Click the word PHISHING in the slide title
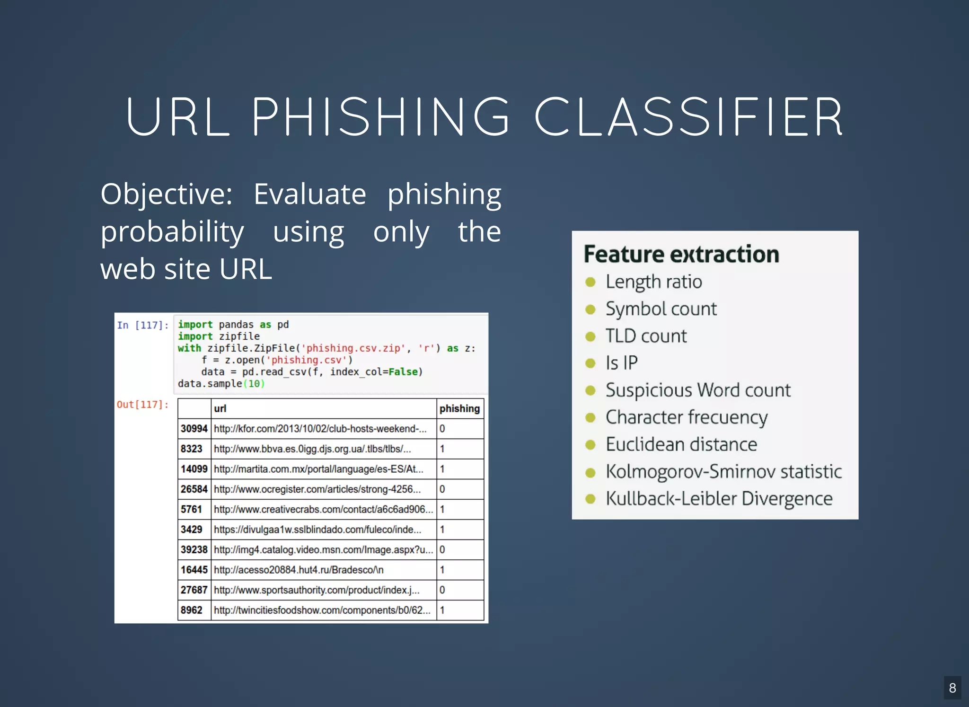pos(381,117)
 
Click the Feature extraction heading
pos(681,254)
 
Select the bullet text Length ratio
pos(654,282)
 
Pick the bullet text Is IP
pos(622,363)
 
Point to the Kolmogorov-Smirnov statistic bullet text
pos(723,472)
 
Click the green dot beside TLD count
pos(590,336)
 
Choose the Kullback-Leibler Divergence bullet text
pos(719,499)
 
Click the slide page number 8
pos(952,688)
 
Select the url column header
pos(220,408)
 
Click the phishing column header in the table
pos(459,408)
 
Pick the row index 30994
pos(194,429)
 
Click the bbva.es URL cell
pos(312,449)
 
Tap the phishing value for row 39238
pos(442,549)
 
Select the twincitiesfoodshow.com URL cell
pos(322,610)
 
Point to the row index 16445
pos(194,570)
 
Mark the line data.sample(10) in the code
pos(221,384)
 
